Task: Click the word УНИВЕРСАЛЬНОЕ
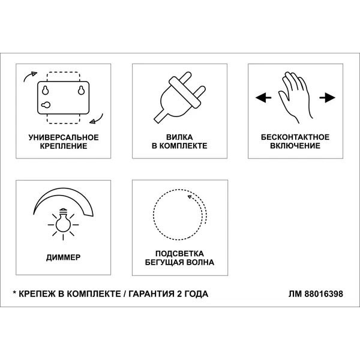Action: coord(64,137)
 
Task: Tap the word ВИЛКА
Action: coord(179,137)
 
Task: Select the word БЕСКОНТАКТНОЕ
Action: coord(295,137)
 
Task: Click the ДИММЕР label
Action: coord(64,257)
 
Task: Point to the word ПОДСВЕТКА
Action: coord(179,253)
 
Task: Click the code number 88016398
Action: coord(324,294)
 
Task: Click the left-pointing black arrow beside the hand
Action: coord(263,98)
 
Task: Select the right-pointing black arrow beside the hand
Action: coord(327,98)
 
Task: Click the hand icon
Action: coord(296,98)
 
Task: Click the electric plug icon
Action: coord(179,97)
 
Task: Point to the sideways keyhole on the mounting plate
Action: coord(46,105)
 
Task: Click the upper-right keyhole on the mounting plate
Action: coord(81,90)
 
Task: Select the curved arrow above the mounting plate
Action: coord(30,76)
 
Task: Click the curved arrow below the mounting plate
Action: coord(97,119)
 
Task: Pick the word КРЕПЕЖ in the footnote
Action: coord(37,294)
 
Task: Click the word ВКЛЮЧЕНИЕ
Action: coord(295,146)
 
